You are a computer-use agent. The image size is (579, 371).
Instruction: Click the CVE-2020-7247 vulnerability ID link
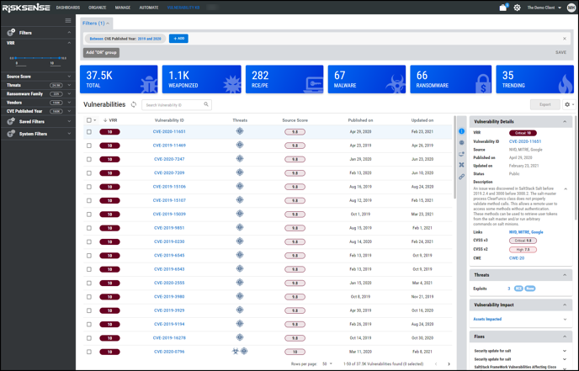[169, 159]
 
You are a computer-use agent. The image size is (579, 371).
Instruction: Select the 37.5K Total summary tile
[119, 80]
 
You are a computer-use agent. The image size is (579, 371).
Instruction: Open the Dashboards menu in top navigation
[68, 7]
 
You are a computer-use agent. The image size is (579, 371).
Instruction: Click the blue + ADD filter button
[178, 39]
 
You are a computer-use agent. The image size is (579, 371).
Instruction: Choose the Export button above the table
[544, 105]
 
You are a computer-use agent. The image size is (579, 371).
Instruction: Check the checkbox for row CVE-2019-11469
[89, 146]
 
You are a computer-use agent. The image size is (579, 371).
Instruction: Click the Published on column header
[360, 120]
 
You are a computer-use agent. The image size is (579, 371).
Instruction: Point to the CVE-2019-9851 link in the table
[169, 228]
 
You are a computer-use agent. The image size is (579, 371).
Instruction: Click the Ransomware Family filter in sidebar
[26, 93]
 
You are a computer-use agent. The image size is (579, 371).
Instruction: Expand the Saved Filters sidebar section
[32, 122]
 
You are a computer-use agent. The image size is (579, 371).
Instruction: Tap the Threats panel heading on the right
[482, 275]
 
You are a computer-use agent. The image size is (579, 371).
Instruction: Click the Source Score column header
[295, 120]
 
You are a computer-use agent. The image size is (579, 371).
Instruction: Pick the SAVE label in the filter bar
[560, 52]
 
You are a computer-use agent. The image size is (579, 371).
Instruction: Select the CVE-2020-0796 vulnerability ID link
[169, 351]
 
